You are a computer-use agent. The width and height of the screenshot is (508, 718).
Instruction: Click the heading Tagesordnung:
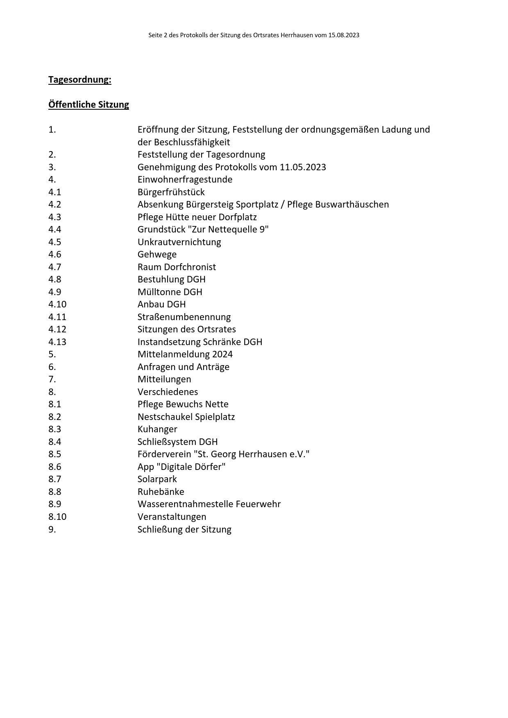(x=79, y=79)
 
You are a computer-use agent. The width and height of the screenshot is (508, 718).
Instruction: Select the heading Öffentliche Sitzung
(x=88, y=104)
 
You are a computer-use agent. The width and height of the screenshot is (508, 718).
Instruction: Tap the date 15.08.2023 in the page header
(x=343, y=35)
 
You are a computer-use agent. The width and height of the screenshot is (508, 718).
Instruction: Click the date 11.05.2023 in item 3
(x=303, y=167)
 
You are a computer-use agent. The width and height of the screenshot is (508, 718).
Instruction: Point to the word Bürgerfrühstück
(x=171, y=192)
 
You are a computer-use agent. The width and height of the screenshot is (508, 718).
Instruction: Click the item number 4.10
(x=57, y=304)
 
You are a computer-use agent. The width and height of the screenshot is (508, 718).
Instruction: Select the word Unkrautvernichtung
(x=179, y=242)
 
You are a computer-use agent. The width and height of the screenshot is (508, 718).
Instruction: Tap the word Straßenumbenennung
(x=184, y=317)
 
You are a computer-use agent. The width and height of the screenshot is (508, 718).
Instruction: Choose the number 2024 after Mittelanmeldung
(x=222, y=354)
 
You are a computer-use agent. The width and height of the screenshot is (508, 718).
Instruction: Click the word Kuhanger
(x=157, y=429)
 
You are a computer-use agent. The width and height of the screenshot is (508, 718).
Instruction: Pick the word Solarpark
(x=157, y=479)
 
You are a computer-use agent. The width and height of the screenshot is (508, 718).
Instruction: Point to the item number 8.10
(x=57, y=517)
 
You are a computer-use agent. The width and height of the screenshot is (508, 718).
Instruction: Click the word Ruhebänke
(x=161, y=492)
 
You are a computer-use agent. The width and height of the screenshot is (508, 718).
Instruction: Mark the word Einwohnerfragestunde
(x=185, y=179)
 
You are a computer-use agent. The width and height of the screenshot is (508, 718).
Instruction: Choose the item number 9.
(x=52, y=529)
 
